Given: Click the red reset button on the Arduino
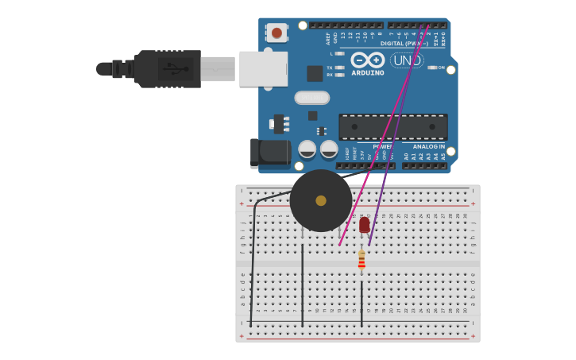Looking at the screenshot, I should (276, 33).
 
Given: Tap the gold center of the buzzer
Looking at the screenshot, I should (321, 200).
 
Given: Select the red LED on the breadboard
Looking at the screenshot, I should (364, 225).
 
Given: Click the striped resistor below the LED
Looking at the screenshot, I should (361, 260).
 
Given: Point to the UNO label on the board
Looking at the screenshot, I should (407, 60).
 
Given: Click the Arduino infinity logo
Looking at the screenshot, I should (368, 60).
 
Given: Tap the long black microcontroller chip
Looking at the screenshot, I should (392, 127).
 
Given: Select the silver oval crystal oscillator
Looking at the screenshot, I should (311, 98).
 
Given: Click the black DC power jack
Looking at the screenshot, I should (269, 153).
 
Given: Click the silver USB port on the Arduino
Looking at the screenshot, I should (263, 68).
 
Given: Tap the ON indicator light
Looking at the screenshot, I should (432, 68).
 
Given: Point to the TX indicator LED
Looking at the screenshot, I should (340, 68).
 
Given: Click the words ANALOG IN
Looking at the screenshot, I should (428, 146).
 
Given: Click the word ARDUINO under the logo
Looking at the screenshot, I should (368, 73).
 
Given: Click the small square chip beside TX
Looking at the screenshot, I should (315, 73).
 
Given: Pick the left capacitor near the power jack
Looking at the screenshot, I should (307, 149).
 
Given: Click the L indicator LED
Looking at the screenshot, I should (340, 53).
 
